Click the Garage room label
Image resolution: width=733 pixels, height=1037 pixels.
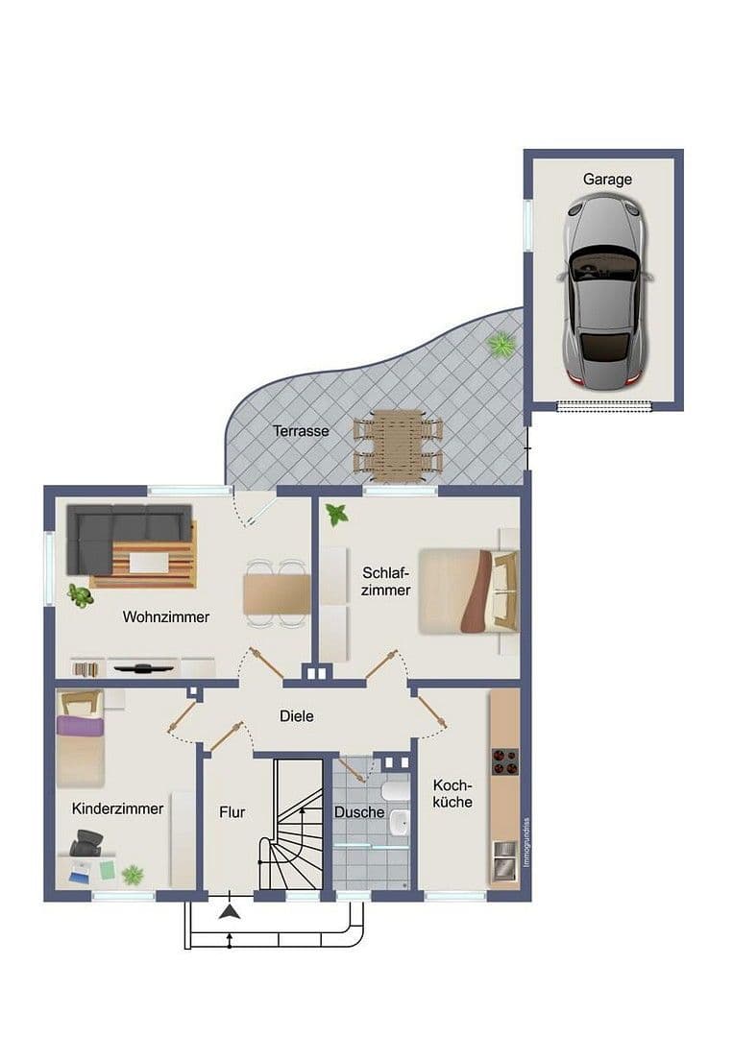tap(607, 179)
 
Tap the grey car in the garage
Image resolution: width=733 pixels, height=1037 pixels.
tap(605, 290)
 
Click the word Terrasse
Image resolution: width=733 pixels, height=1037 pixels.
tap(300, 431)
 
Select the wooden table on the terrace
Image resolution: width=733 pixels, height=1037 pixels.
tap(398, 444)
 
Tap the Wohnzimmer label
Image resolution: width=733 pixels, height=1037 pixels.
tap(165, 616)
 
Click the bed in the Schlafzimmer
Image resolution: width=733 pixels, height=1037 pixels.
tap(469, 591)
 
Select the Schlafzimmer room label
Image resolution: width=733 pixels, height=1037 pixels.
tap(386, 581)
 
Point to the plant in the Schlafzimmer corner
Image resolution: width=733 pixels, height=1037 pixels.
tap(337, 515)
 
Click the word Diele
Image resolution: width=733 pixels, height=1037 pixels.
tap(296, 715)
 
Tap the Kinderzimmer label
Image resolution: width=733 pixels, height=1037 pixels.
tap(117, 808)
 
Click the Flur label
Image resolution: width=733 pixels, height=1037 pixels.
tap(232, 811)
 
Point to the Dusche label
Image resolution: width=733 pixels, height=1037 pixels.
tap(359, 812)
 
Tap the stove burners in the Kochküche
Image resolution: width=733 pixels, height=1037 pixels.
tap(504, 761)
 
